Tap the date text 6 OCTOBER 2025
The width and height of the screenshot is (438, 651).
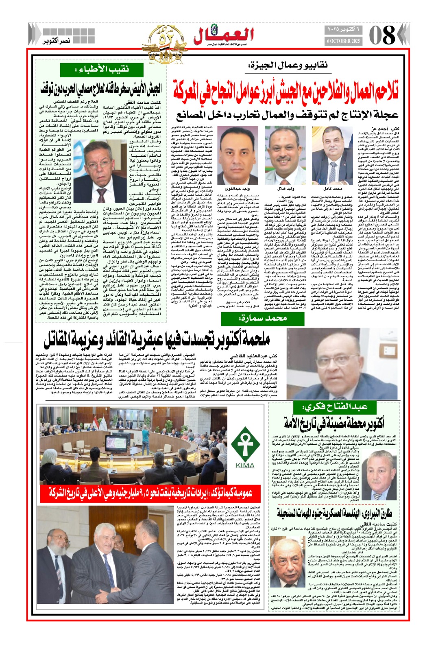pos(344,41)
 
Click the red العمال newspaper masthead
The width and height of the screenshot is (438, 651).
pos(223,36)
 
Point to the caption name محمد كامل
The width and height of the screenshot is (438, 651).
pos(333,189)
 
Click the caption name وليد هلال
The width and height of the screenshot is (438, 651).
pos(286,189)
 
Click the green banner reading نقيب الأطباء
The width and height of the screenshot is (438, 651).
pos(102,69)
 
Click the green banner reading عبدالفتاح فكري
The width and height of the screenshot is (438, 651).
pos(336,406)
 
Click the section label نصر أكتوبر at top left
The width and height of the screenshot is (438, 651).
pos(57,41)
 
